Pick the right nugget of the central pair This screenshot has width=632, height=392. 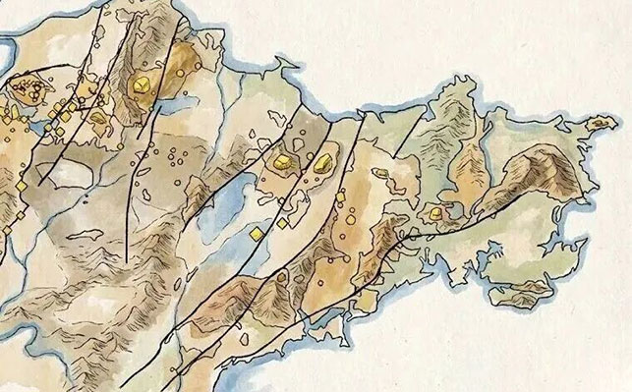[322, 160]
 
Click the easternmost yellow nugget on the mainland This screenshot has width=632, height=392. [432, 213]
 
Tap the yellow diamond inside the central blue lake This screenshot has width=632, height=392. [255, 233]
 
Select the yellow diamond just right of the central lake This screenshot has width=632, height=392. [281, 224]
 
